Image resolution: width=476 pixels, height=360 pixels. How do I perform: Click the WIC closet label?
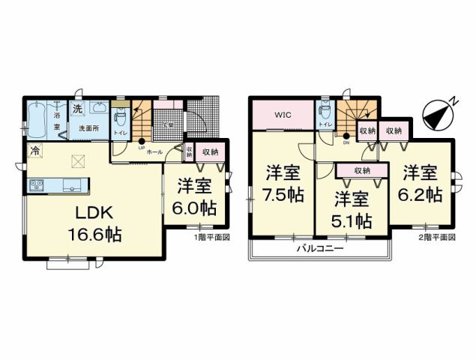click(x=282, y=115)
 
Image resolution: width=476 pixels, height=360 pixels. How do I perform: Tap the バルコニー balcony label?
click(x=318, y=248)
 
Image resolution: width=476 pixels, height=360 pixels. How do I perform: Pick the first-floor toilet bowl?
click(x=121, y=118)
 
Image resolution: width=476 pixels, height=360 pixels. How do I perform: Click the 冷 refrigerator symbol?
click(x=35, y=151)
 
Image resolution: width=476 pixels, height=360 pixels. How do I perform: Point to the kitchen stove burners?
click(x=38, y=185)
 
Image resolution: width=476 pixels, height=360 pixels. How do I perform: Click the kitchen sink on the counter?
click(x=71, y=185)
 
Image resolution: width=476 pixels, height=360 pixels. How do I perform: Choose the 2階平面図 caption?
click(x=438, y=237)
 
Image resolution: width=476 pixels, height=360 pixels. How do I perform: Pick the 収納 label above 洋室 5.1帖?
click(x=361, y=170)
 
